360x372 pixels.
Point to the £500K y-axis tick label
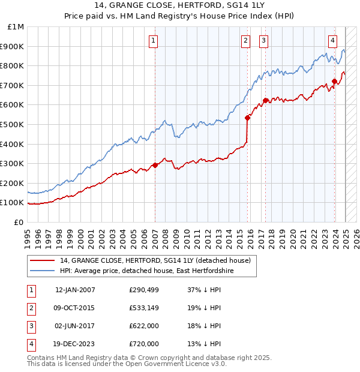pyautogui.click(x=13, y=124)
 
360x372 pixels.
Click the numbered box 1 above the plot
pyautogui.click(x=154, y=41)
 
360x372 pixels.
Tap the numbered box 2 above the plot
pyautogui.click(x=246, y=41)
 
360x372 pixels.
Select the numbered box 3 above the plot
pyautogui.click(x=263, y=41)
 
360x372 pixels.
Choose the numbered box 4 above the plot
pyautogui.click(x=332, y=41)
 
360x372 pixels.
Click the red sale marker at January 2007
pyautogui.click(x=155, y=165)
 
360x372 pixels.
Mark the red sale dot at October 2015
pyautogui.click(x=247, y=118)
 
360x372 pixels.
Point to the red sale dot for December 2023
pyautogui.click(x=334, y=81)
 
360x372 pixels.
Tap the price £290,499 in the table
pyautogui.click(x=144, y=290)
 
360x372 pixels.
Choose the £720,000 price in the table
pyautogui.click(x=144, y=344)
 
